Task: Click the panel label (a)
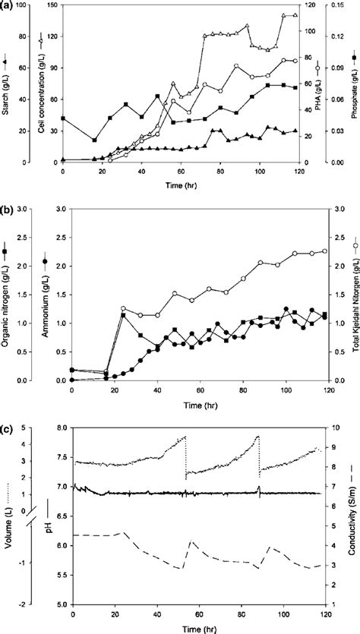(x=8, y=6)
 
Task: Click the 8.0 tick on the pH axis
(x=64, y=427)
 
